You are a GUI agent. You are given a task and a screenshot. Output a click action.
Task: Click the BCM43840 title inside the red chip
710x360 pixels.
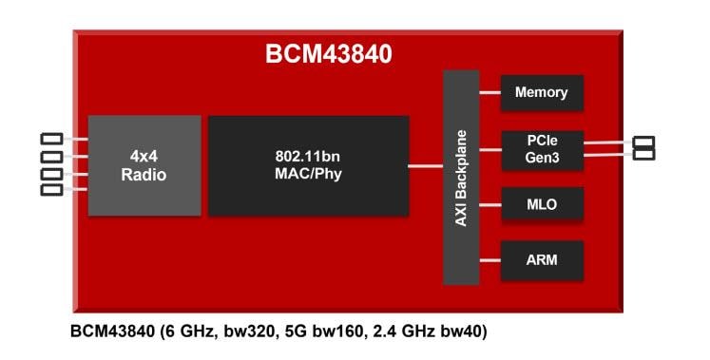tap(328, 55)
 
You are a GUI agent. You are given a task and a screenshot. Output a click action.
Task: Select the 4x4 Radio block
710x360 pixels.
tap(144, 165)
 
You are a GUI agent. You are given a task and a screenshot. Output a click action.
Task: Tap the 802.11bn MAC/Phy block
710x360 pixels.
tap(308, 165)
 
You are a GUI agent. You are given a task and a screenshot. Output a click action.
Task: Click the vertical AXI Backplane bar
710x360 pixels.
tap(461, 177)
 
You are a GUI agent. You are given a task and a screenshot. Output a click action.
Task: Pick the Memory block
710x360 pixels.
tap(541, 93)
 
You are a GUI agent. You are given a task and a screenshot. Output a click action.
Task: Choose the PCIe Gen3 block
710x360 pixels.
tap(541, 149)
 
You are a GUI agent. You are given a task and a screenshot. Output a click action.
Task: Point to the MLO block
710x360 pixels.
tap(541, 203)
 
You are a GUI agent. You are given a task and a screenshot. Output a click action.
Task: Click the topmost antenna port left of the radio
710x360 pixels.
tap(52, 140)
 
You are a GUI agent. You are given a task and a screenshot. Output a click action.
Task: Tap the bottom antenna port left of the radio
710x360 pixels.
tap(52, 190)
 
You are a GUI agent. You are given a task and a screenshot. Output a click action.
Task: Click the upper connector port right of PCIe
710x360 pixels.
tap(643, 142)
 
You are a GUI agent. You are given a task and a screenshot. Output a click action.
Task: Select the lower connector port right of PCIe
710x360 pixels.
tap(643, 153)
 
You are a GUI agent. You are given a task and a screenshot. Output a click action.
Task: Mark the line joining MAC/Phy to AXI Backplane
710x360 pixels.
tap(426, 166)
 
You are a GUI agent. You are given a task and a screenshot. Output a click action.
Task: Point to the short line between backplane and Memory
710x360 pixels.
tap(490, 93)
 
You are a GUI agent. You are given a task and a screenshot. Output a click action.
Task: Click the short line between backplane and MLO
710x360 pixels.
tap(490, 203)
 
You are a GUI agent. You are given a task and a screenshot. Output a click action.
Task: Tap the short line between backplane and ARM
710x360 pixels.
tap(490, 257)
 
